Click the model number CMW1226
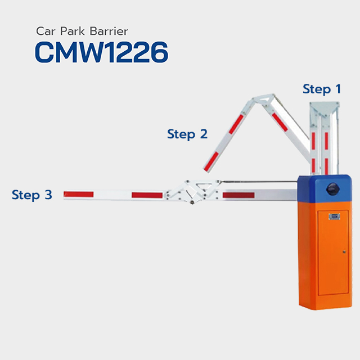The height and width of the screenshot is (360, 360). pos(101,52)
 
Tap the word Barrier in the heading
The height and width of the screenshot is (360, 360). pos(109,31)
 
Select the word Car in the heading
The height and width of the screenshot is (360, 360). pos(46,31)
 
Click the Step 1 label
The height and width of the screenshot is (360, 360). pos(322,89)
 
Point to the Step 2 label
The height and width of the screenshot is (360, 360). pos(187,134)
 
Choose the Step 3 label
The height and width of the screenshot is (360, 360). pos(32,195)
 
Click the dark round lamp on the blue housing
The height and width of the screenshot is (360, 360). pos(332,189)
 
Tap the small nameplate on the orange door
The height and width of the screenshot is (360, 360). pos(334,216)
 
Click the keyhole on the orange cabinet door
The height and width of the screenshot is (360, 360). pos(344,252)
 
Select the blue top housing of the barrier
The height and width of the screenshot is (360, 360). pos(325,189)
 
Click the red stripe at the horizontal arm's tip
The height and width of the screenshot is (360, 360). pos(79,194)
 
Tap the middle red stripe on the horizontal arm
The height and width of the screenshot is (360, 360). pos(147,195)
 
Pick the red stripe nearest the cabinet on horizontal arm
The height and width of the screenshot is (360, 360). pos(238,195)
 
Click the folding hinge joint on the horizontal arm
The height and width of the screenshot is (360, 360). pos(192,191)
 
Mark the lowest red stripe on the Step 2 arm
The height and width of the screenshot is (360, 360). pos(211,161)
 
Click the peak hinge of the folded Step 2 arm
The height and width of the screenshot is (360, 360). pos(264,99)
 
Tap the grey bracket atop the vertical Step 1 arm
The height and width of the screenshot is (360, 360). pos(325,112)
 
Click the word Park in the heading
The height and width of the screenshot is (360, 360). pos(73,31)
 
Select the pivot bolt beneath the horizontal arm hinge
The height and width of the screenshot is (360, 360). pos(192,202)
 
